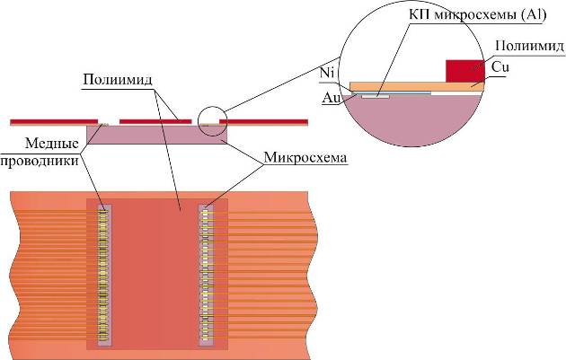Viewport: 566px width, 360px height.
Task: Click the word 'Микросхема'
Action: click(x=305, y=158)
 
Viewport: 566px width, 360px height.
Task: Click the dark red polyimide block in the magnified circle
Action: click(x=464, y=70)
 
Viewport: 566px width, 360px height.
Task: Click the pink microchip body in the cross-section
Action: click(x=157, y=135)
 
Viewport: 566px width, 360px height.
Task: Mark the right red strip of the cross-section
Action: click(x=270, y=120)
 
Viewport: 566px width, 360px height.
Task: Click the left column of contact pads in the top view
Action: click(x=105, y=274)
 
